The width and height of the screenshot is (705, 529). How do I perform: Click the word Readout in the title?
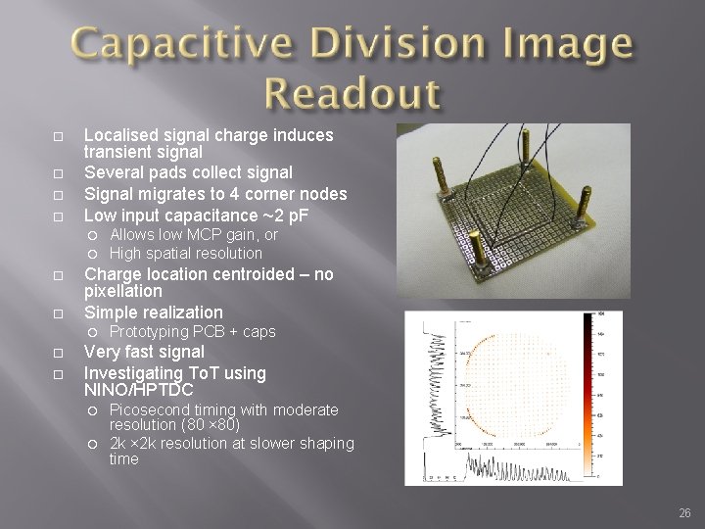[352, 94]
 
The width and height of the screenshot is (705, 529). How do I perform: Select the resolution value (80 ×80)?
[216, 426]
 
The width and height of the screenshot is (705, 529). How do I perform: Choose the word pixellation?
[123, 292]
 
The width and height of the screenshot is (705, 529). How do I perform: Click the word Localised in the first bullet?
[119, 134]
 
